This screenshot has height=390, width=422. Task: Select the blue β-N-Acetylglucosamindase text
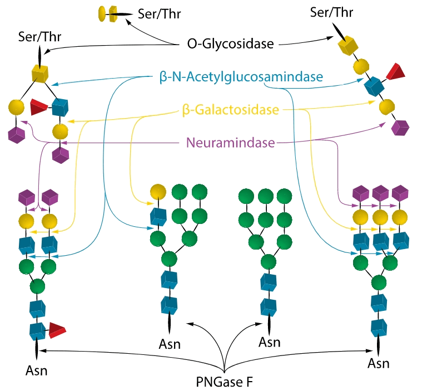[240, 77]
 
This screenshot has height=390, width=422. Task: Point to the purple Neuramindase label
[230, 144]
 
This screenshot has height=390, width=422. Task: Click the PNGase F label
[226, 382]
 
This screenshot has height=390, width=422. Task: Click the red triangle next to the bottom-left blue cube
[57, 330]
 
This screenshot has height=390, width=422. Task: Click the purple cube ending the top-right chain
[399, 128]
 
